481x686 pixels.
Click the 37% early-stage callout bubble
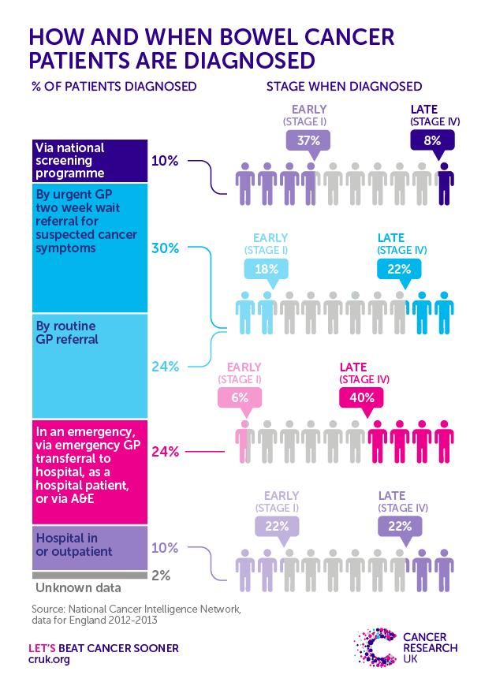(x=308, y=140)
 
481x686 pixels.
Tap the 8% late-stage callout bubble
(x=433, y=140)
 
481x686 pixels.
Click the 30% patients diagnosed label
(x=166, y=248)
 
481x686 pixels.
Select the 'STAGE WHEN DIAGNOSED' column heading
(x=344, y=85)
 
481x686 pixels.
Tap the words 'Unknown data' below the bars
(x=76, y=587)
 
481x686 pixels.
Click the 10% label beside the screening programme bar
(x=166, y=161)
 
